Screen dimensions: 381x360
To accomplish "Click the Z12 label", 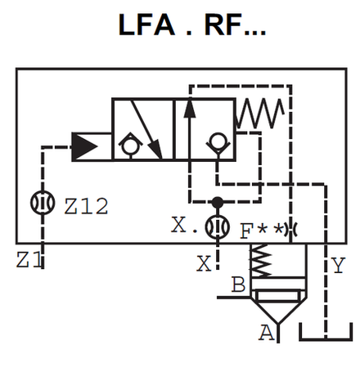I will (86, 208).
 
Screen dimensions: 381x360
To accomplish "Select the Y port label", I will (338, 265).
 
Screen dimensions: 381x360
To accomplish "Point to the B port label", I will (239, 285).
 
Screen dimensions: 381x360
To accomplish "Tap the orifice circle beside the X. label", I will (216, 226).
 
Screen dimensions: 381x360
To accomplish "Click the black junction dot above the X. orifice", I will (216, 201).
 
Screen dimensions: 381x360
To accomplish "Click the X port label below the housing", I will (203, 263).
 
